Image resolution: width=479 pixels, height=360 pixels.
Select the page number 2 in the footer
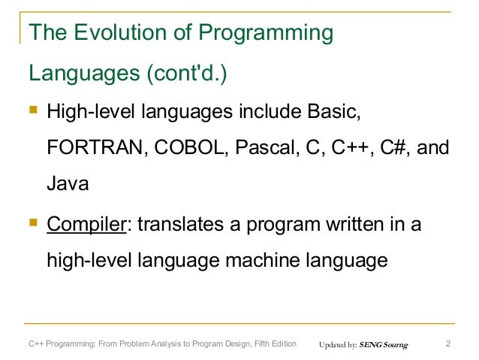[x=447, y=345]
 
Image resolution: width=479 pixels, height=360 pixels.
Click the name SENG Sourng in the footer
[x=384, y=346]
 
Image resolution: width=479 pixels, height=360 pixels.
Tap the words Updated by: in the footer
[x=338, y=346]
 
